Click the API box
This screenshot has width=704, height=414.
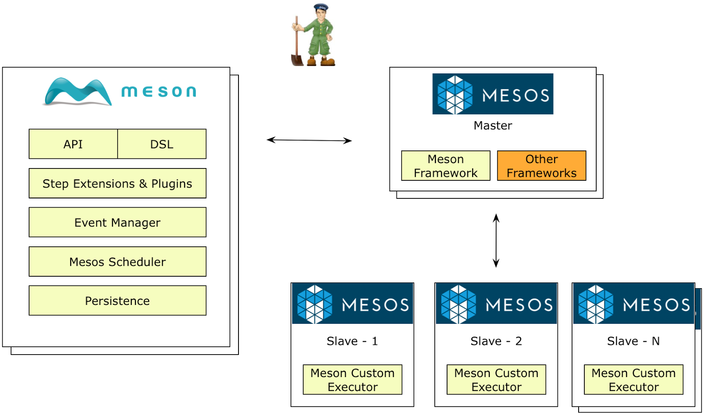pos(73,144)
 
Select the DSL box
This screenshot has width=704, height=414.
pos(161,144)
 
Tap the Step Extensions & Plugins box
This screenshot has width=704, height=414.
pos(117,183)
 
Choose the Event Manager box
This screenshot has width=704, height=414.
pos(117,222)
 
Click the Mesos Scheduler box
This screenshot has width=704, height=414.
pos(117,261)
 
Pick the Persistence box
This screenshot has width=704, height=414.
pos(117,300)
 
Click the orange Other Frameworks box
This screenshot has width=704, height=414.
pos(541,166)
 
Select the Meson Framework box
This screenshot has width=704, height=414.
pos(445,166)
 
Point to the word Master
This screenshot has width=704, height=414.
pos(492,126)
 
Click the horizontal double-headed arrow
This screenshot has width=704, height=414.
pos(309,140)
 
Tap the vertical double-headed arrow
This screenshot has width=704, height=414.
pos(496,241)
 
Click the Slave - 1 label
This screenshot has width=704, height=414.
pos(352,341)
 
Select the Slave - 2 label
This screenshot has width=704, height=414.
pos(496,341)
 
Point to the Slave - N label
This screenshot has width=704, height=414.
pos(633,341)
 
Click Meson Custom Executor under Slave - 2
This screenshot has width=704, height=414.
pos(496,380)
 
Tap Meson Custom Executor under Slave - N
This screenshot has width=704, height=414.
pos(633,380)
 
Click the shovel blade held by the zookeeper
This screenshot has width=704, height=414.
pos(297,59)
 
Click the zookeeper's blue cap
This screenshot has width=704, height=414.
pos(321,7)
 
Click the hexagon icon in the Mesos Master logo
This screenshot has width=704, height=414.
pos(455,94)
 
